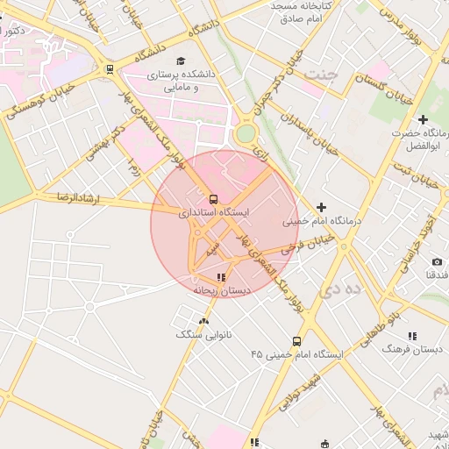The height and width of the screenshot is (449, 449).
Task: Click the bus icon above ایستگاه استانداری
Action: [x=216, y=198]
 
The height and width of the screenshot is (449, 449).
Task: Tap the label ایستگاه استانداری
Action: [x=214, y=212]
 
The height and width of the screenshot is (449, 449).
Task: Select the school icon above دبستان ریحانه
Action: [x=221, y=277]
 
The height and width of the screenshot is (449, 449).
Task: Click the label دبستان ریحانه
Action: [x=222, y=289]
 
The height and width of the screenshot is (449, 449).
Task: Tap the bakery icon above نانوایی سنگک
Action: [x=204, y=321]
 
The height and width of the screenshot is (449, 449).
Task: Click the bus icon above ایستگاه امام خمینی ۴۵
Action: [x=296, y=341]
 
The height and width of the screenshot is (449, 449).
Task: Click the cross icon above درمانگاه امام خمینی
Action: [x=321, y=208]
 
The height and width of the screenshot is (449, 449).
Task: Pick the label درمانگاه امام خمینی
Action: [x=320, y=222]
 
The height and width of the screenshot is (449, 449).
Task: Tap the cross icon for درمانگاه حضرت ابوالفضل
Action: [x=423, y=118]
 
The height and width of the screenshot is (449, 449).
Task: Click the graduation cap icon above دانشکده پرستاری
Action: [x=181, y=61]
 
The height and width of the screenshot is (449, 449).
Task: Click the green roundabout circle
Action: [x=246, y=132]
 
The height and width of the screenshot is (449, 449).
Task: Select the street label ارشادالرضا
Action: [x=80, y=198]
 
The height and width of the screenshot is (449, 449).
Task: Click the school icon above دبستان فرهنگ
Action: [x=412, y=336]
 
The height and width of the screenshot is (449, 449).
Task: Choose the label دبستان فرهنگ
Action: [x=412, y=348]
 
